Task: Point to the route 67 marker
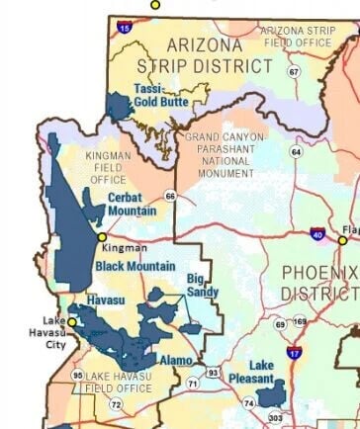[294, 72]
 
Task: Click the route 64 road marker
[296, 151]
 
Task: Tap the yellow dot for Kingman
[102, 237]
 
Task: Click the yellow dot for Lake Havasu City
[70, 321]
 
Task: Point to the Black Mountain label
[135, 266]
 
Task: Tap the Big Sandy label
[204, 286]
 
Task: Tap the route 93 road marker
[213, 373]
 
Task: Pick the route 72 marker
[116, 404]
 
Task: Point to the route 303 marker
[275, 419]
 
